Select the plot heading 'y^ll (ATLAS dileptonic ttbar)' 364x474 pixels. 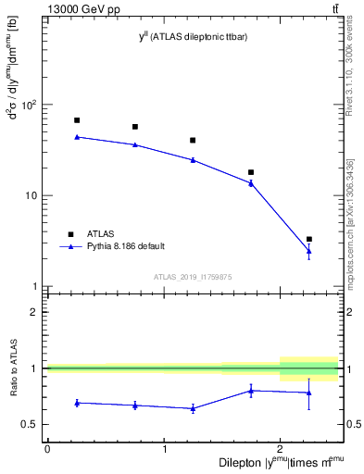[193, 35]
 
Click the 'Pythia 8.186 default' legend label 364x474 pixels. [126, 246]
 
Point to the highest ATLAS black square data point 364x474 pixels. [77, 120]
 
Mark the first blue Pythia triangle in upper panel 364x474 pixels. [77, 137]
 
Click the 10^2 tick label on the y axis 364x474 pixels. [30, 105]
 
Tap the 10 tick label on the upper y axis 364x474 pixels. [32, 196]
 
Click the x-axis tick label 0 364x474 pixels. [47, 449]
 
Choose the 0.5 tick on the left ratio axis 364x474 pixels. [31, 425]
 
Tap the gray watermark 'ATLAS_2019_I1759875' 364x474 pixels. [193, 277]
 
